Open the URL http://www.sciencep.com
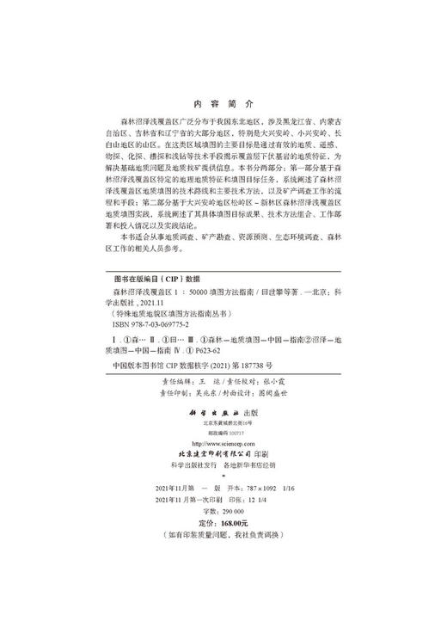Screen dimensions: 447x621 (223, 442)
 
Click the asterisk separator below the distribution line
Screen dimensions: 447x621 (223, 476)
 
